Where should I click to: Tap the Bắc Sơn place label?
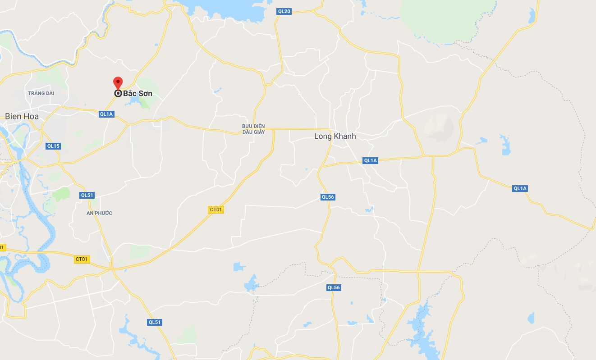[x=138, y=94]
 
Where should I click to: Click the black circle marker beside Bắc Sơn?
[x=118, y=94]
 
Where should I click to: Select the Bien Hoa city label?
[x=22, y=116]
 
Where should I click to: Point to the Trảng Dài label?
[x=41, y=93]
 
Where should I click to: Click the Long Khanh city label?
[x=335, y=136]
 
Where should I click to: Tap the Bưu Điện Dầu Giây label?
[x=253, y=129]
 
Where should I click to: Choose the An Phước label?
[x=99, y=213]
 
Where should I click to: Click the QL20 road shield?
[x=284, y=11]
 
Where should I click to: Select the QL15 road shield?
[x=53, y=146]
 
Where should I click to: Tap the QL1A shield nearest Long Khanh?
[x=370, y=160]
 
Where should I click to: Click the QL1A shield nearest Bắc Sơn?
[x=106, y=114]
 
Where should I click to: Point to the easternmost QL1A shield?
[x=520, y=188]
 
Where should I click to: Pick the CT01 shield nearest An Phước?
[x=82, y=259]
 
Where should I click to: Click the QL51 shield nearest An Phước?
[x=87, y=195]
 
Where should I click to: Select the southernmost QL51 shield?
[x=155, y=322]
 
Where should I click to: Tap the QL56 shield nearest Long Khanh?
[x=328, y=197]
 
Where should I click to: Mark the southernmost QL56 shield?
[x=334, y=287]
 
